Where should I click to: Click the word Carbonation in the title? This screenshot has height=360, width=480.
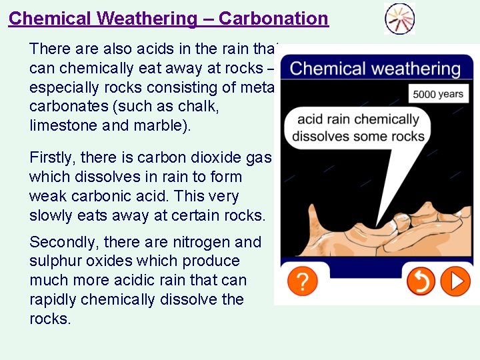point(273,18)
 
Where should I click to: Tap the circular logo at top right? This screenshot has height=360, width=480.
point(399,19)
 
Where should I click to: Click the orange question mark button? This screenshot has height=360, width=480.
point(302,282)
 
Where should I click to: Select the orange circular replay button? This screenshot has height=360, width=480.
point(421,282)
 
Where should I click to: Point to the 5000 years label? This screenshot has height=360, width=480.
point(437,94)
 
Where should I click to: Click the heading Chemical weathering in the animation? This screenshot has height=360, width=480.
point(375,69)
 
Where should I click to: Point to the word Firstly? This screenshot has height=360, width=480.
point(52,157)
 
